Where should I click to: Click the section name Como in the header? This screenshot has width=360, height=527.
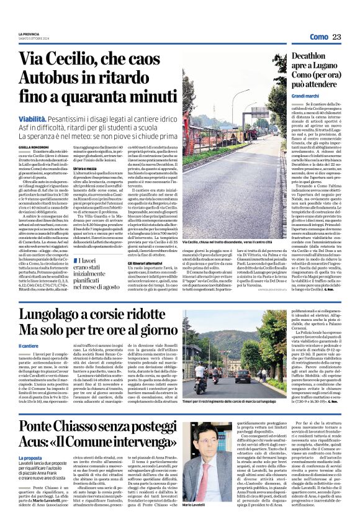318,37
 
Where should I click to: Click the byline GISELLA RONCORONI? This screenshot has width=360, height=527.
34,146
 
